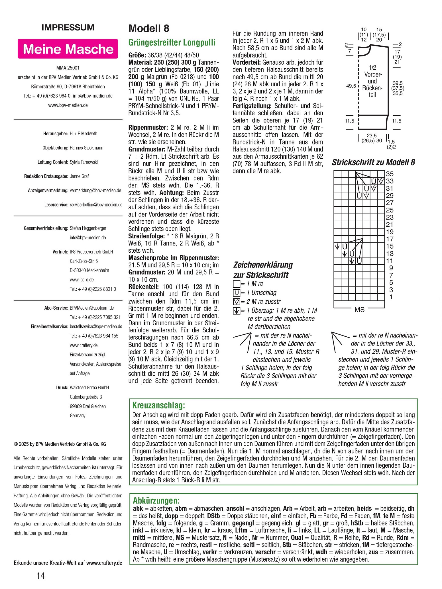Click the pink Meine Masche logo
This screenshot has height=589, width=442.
click(68, 49)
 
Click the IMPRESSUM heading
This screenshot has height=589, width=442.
click(68, 28)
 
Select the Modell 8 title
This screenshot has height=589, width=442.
click(149, 28)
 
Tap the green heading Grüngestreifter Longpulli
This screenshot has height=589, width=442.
click(172, 43)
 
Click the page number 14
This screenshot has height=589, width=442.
click(40, 576)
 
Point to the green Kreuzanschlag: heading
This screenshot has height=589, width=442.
click(159, 405)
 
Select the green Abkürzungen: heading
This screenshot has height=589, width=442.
click(156, 500)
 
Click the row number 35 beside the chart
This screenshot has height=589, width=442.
click(390, 174)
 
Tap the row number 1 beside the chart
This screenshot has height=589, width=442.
click(391, 297)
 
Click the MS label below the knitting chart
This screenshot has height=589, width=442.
click(359, 310)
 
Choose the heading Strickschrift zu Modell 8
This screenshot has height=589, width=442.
click(373, 162)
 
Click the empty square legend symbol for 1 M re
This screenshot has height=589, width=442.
click(236, 284)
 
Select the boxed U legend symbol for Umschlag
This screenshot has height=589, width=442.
click(236, 293)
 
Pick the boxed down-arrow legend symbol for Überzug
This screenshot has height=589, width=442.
click(236, 311)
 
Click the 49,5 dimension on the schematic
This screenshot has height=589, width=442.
click(351, 86)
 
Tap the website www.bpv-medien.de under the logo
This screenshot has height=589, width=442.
click(68, 105)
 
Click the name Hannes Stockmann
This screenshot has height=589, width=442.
click(87, 148)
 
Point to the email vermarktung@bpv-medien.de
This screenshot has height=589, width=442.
click(95, 191)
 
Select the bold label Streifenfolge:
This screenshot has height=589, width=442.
click(146, 236)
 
